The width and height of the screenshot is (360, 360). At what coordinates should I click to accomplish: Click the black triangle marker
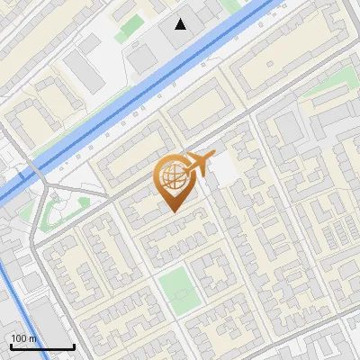click(x=181, y=24)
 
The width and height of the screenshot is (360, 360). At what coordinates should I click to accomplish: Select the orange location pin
click(x=173, y=184)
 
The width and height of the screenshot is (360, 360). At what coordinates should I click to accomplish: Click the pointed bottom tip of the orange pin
click(x=173, y=211)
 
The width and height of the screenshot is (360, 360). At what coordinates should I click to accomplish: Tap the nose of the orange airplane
click(x=214, y=156)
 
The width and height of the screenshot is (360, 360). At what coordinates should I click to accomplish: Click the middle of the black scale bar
click(x=42, y=347)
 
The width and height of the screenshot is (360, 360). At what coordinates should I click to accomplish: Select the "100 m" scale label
click(x=24, y=338)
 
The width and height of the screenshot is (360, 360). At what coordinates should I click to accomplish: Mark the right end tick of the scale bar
click(x=75, y=346)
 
